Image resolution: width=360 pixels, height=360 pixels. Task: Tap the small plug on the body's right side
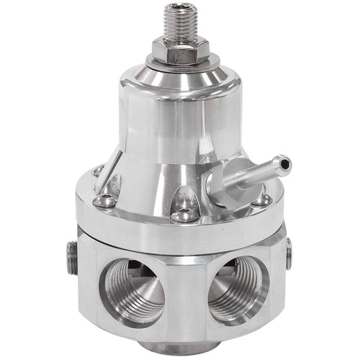coord(289,253)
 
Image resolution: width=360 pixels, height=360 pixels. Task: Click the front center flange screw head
coord(185,214)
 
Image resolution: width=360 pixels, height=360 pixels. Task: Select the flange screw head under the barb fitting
coord(263,199)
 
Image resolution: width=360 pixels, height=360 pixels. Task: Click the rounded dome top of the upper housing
coord(180,76)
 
